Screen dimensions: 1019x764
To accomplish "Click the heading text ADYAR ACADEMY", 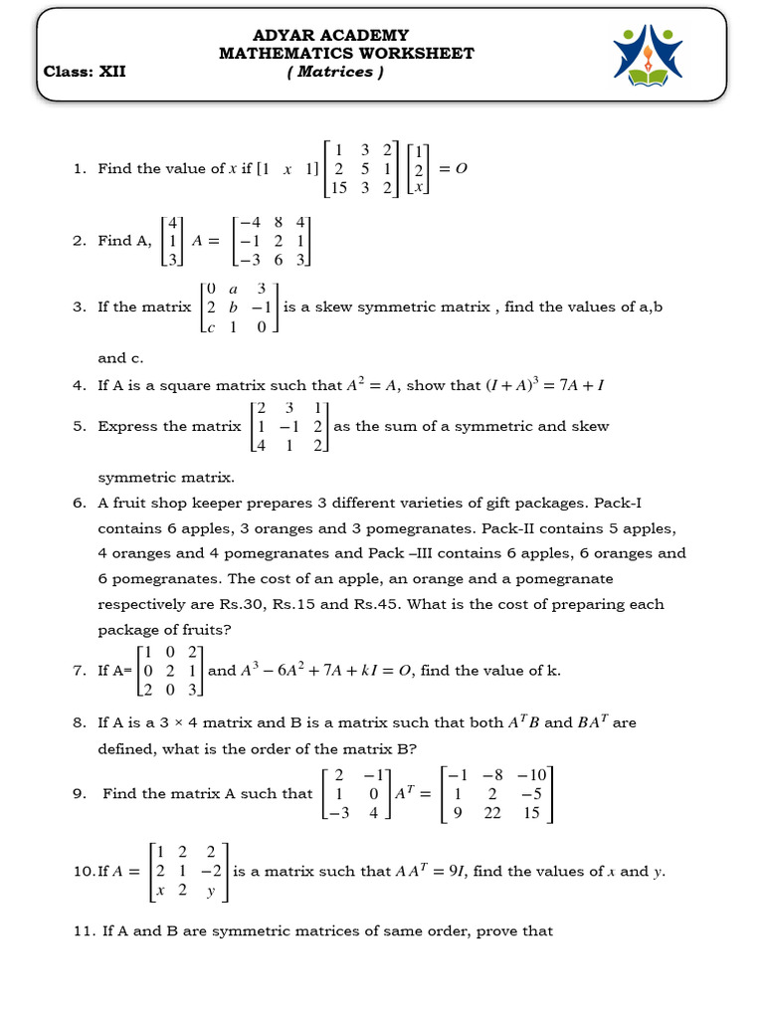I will tap(345, 35).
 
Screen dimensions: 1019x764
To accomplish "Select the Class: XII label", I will tap(85, 72).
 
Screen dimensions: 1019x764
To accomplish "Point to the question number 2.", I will tap(79, 240).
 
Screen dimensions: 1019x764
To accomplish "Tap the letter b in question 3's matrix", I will tap(234, 307).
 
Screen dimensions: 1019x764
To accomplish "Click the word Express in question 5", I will tap(126, 426).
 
